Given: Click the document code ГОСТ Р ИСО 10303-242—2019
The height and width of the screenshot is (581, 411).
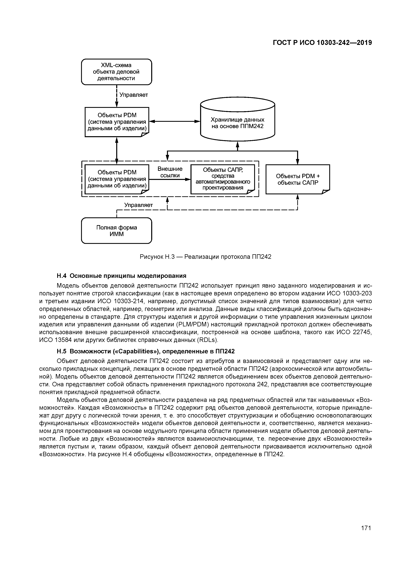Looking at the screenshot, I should (322, 43).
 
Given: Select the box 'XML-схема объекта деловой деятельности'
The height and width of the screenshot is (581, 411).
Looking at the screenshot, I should (117, 72).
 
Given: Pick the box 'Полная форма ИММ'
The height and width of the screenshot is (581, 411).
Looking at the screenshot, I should (117, 230).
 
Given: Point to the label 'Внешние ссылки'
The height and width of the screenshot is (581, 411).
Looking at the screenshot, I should (170, 172).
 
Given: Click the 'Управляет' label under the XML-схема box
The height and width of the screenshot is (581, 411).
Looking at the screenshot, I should (133, 95).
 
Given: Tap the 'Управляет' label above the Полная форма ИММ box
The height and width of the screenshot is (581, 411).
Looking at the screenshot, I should (138, 205).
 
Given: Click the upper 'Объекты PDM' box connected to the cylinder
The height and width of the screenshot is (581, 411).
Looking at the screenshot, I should (117, 122).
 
